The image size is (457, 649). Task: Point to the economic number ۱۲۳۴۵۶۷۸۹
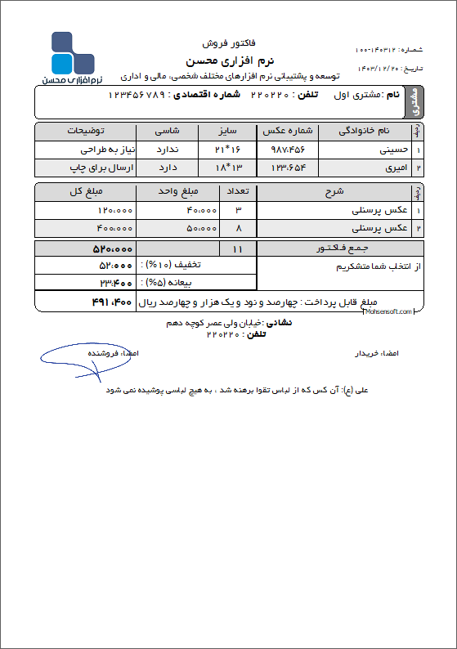click(136, 95)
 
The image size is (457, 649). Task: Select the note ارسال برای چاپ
click(98, 168)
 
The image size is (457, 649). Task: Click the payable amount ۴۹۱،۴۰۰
click(111, 303)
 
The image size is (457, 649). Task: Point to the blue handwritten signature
click(78, 357)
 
